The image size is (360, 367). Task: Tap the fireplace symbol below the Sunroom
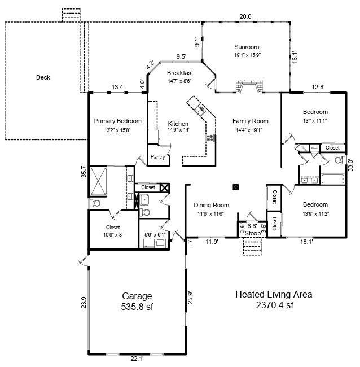click(248, 86)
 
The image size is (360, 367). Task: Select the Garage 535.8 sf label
click(138, 302)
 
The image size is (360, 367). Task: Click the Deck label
click(43, 77)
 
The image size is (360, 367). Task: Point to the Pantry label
click(157, 157)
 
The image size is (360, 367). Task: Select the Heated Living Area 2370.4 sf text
click(273, 300)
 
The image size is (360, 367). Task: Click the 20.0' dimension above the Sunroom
click(245, 16)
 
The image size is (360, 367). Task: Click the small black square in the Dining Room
click(236, 187)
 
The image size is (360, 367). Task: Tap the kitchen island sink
click(200, 107)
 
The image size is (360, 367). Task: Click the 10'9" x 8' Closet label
click(113, 231)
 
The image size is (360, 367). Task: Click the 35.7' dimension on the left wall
click(84, 171)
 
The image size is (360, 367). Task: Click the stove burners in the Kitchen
click(210, 137)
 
